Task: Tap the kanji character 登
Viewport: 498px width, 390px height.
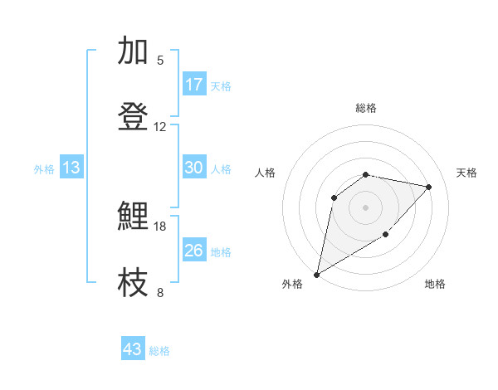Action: [134, 117]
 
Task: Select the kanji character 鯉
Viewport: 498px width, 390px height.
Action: [134, 217]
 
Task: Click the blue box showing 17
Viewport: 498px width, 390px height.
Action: [194, 85]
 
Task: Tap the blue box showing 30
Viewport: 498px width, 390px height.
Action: [194, 168]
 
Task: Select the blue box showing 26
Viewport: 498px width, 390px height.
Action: [194, 251]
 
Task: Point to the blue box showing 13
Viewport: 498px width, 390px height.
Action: [71, 168]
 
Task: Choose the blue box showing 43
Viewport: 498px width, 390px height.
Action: [133, 349]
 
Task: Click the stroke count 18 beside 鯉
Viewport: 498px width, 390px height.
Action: [160, 226]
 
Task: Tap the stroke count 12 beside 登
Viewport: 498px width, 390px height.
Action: [160, 126]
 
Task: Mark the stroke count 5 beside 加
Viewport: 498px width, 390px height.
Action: [160, 60]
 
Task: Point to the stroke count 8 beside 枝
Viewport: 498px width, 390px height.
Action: [160, 292]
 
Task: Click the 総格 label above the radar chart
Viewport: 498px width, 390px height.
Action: [366, 108]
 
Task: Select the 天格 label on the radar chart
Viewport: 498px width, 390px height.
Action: [466, 173]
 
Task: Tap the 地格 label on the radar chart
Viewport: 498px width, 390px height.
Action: [435, 284]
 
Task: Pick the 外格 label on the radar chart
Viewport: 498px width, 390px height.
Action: [292, 284]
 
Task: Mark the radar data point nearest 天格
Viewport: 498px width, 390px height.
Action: [429, 187]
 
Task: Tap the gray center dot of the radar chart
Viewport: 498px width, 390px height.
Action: [366, 207]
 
